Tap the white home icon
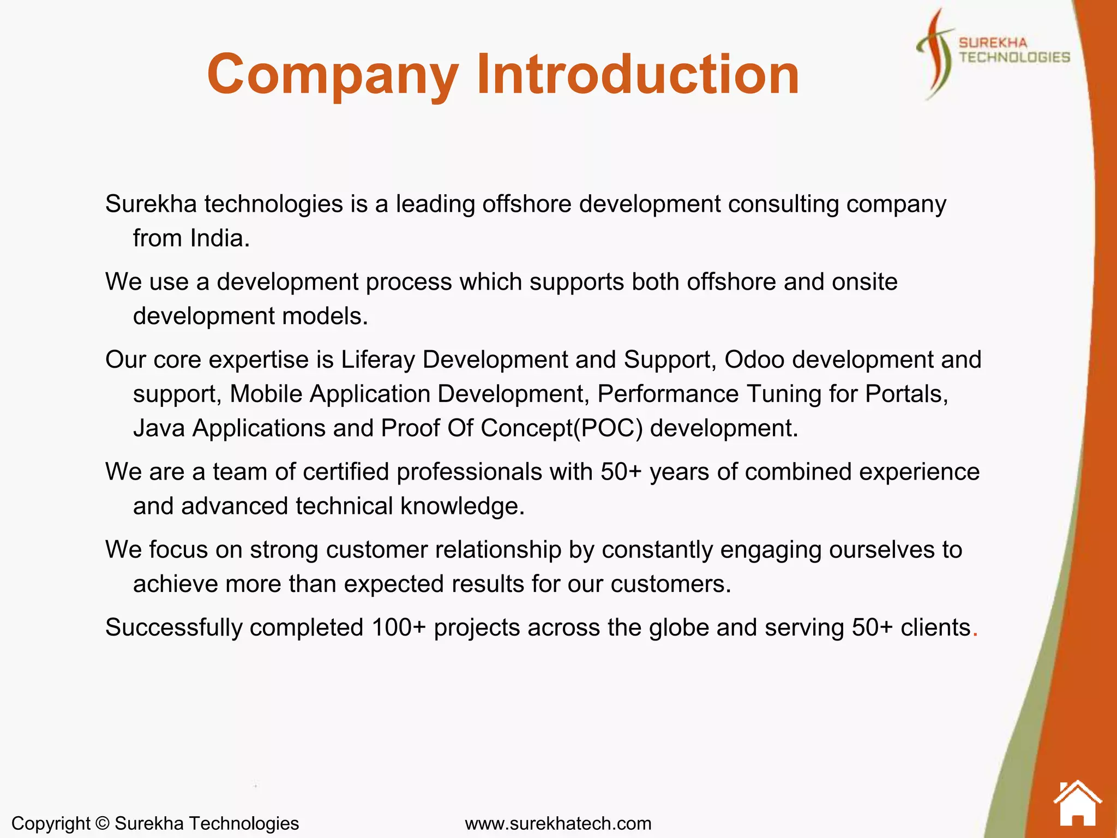click(x=1077, y=804)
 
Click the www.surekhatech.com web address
click(x=558, y=823)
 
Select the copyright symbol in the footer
click(x=102, y=823)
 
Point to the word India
click(x=219, y=238)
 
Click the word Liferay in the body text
click(x=378, y=360)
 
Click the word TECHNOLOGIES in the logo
click(x=1014, y=57)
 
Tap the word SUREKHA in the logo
click(x=993, y=43)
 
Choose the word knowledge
click(x=462, y=506)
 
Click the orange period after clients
click(x=975, y=633)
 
